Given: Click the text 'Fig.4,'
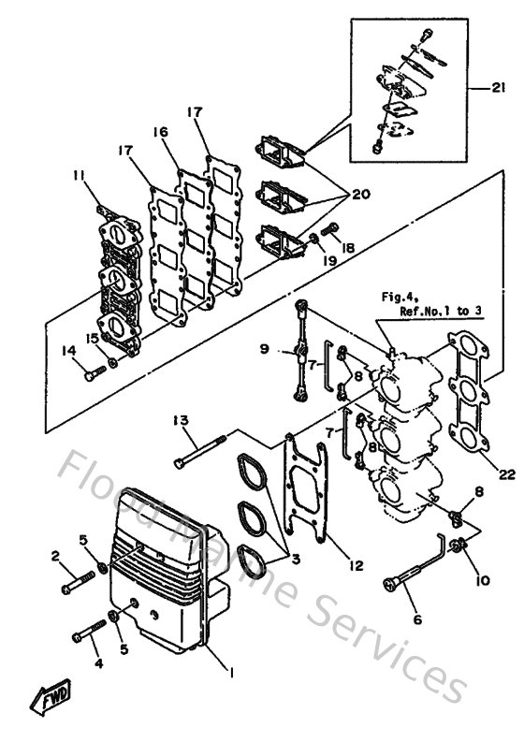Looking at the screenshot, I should (397, 298).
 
